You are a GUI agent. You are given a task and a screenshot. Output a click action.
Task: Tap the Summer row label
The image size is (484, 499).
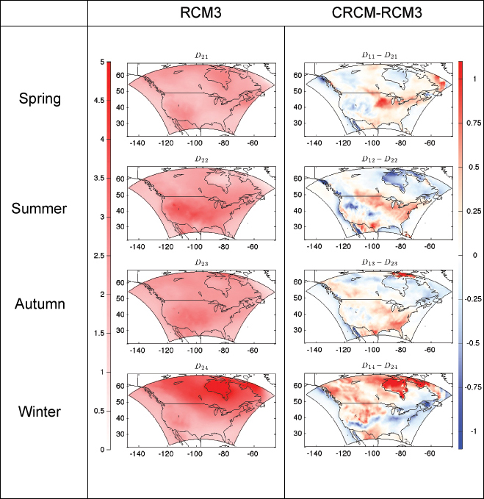(x=40, y=209)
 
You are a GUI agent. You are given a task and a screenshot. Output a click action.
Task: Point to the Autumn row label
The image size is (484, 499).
(x=40, y=304)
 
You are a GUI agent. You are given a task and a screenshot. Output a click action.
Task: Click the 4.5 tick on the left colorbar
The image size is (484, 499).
(x=99, y=101)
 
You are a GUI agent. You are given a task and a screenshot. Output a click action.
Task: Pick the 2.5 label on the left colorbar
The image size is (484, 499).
(x=99, y=255)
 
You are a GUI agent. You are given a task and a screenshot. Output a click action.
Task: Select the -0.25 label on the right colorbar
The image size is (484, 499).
(x=474, y=299)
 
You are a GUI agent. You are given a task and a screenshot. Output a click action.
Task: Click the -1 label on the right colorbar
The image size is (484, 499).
(x=474, y=431)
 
